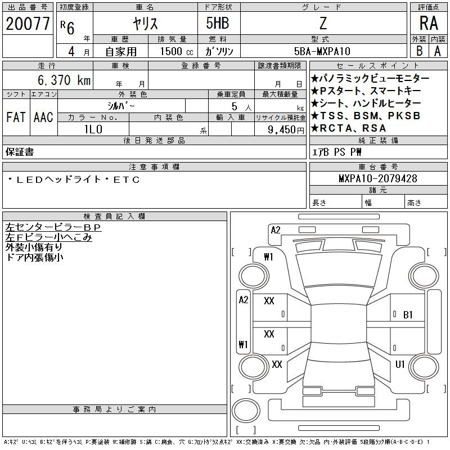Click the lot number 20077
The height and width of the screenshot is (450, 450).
pyautogui.click(x=28, y=24)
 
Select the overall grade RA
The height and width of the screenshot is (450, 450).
pyautogui.click(x=429, y=23)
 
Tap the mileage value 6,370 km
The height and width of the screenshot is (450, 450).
pyautogui.click(x=64, y=80)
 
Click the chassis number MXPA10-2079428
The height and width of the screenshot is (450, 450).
pyautogui.click(x=378, y=178)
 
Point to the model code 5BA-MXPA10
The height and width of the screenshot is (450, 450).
pyautogui.click(x=322, y=51)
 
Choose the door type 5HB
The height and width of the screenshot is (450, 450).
pyautogui.click(x=218, y=23)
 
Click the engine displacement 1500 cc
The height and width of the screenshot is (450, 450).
pyautogui.click(x=177, y=51)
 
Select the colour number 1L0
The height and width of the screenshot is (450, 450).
pyautogui.click(x=93, y=129)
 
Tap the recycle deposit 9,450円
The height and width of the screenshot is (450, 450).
pyautogui.click(x=286, y=130)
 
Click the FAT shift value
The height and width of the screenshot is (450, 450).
pyautogui.click(x=16, y=117)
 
